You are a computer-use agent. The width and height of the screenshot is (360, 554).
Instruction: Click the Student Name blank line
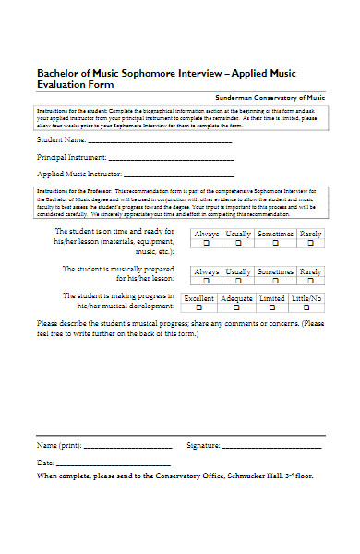coord(159,143)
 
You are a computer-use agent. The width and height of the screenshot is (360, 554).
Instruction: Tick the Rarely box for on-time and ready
coord(311,244)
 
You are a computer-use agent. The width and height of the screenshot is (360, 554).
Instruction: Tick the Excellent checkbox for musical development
coord(198,308)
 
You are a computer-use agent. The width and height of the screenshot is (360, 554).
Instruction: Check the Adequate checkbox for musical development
coord(237,308)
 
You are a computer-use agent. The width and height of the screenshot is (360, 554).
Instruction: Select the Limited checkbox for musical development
coord(272,308)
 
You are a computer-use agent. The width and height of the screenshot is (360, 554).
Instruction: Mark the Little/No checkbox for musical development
coord(306,308)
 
